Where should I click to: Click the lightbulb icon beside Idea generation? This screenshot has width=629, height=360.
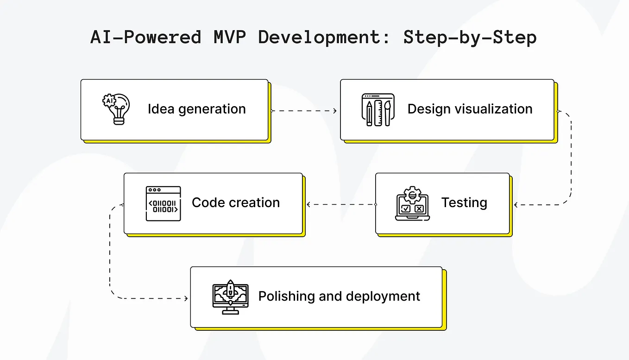pyautogui.click(x=116, y=109)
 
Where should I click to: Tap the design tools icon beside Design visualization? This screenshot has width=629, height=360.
pyautogui.click(x=377, y=110)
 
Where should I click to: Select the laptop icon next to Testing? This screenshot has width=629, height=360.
pyautogui.click(x=412, y=204)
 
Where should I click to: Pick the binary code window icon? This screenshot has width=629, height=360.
pyautogui.click(x=163, y=203)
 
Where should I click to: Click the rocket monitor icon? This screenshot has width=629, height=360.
pyautogui.click(x=230, y=297)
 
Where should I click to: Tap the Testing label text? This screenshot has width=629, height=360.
pyautogui.click(x=464, y=203)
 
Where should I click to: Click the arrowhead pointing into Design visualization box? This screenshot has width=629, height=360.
pyautogui.click(x=335, y=111)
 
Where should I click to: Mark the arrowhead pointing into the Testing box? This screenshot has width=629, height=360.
pyautogui.click(x=516, y=204)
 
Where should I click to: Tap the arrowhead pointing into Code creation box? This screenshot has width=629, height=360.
pyautogui.click(x=308, y=204)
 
